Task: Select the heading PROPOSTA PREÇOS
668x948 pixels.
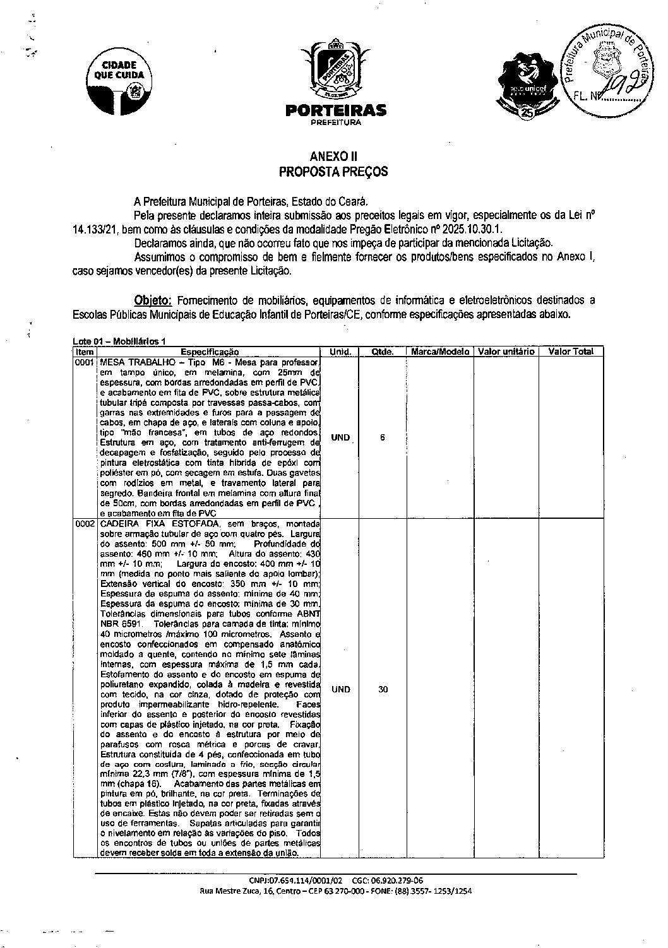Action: point(333,171)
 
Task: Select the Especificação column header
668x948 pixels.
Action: point(210,352)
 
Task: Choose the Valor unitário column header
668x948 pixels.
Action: point(506,352)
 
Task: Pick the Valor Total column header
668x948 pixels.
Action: point(571,352)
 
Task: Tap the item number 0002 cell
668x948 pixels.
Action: point(85,524)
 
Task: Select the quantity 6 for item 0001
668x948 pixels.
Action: point(383,437)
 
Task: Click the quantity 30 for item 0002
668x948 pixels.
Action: point(383,689)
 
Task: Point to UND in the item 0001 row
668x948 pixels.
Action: point(340,437)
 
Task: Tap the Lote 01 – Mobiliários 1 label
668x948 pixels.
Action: point(119,341)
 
